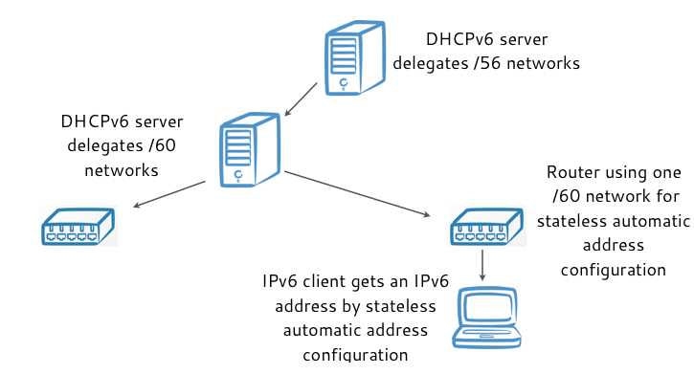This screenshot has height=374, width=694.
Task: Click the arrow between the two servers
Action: pyautogui.click(x=302, y=97)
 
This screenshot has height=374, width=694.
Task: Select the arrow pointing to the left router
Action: pyautogui.click(x=170, y=193)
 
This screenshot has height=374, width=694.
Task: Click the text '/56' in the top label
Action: pyautogui.click(x=515, y=64)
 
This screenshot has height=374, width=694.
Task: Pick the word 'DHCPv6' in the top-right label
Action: pyautogui.click(x=459, y=40)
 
